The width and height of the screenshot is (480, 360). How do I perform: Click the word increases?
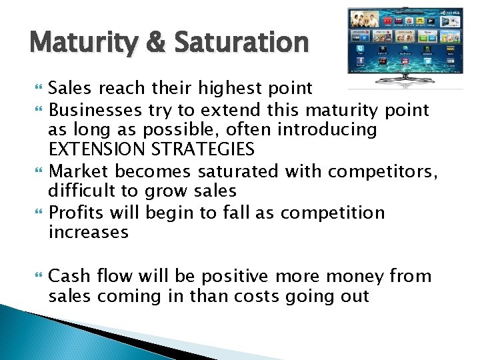point(88,233)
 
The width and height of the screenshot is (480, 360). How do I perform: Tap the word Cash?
point(68,275)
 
